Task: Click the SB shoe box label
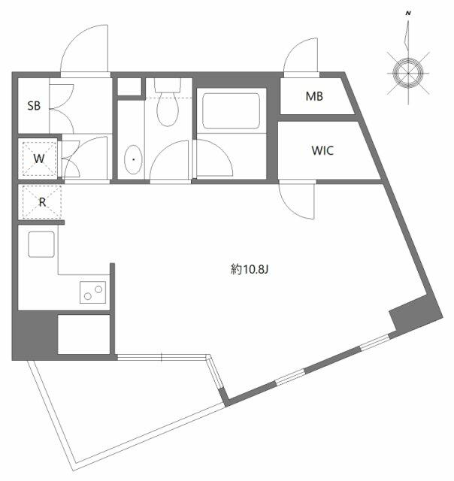tap(34, 106)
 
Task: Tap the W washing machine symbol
tap(39, 159)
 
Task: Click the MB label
tap(315, 96)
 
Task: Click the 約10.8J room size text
tap(249, 268)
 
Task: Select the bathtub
tap(232, 112)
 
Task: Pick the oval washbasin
tap(134, 159)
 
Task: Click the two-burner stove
tap(93, 292)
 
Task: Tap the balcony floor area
tap(120, 406)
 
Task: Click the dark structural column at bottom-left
tap(34, 334)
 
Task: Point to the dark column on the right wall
tap(413, 312)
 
